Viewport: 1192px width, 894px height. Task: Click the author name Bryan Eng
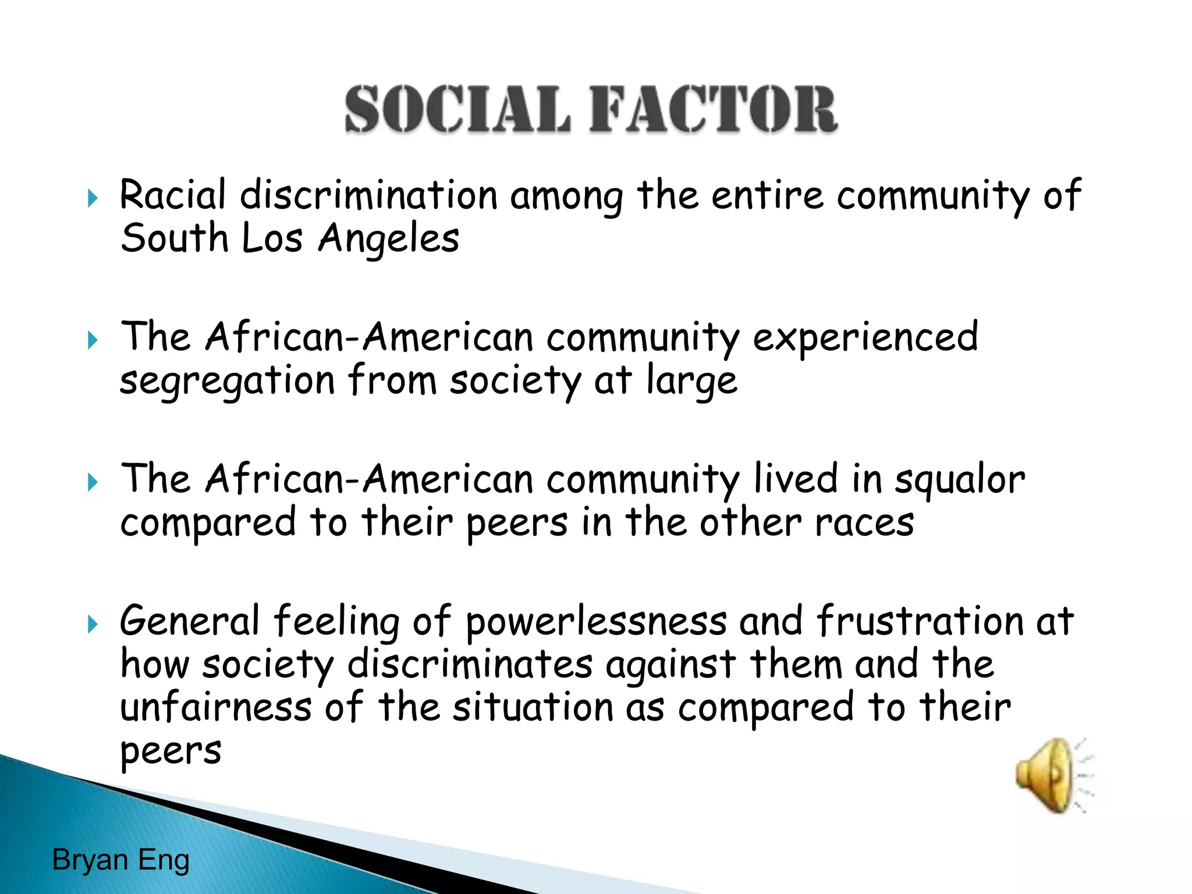[121, 860]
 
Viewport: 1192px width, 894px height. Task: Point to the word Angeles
[388, 239]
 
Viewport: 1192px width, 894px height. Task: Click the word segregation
[227, 381]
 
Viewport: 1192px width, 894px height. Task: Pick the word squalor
[959, 480]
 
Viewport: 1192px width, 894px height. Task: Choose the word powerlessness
[596, 622]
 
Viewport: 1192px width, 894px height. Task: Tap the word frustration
[919, 620]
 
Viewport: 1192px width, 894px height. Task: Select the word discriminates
[470, 664]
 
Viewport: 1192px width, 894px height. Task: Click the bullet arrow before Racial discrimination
[93, 198]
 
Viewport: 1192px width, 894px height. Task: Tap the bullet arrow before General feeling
[93, 625]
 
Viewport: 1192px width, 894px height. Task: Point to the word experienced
[865, 338]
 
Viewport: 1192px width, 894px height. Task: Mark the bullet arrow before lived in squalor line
[93, 483]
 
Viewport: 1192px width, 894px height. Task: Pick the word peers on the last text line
[171, 751]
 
